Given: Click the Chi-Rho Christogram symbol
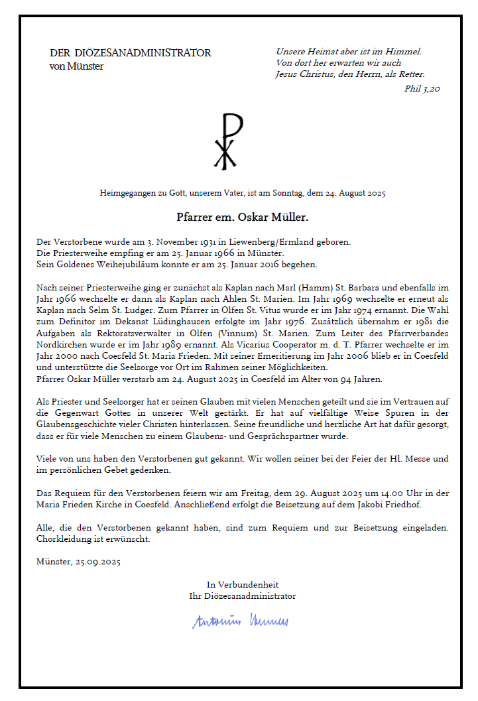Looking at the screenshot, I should pyautogui.click(x=227, y=141).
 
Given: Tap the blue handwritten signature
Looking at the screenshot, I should pyautogui.click(x=240, y=621).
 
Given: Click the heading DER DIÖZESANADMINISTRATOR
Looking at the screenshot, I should pyautogui.click(x=131, y=53).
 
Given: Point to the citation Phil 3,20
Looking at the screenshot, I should pyautogui.click(x=422, y=88).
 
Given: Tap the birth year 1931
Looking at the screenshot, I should pyautogui.click(x=184, y=242).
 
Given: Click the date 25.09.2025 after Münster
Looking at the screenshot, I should pyautogui.click(x=98, y=562).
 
